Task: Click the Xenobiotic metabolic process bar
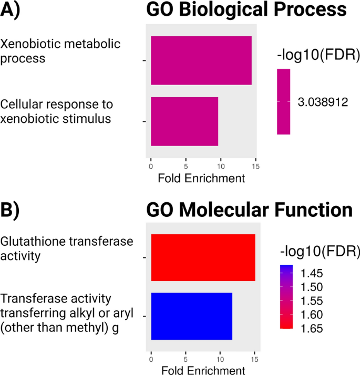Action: [x=201, y=60]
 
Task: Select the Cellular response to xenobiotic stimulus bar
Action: [x=184, y=121]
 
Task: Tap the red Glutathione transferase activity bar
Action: [x=203, y=258]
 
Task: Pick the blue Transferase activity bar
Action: [x=191, y=316]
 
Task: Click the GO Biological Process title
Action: [x=246, y=11]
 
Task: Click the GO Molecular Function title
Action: [x=249, y=210]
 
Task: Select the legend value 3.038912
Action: [x=323, y=102]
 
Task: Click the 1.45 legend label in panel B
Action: [x=312, y=273]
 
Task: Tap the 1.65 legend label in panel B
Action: [x=312, y=329]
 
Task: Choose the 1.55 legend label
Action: [x=312, y=301]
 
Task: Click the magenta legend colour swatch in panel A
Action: [x=284, y=101]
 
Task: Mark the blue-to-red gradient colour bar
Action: [x=286, y=297]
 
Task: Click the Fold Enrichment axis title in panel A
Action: [x=201, y=179]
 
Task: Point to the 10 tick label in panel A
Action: [x=221, y=167]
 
